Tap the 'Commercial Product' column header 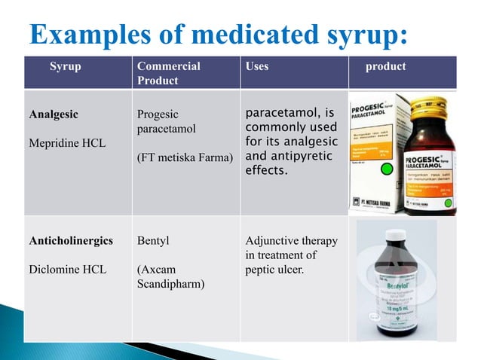pyautogui.click(x=169, y=73)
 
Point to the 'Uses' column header pyautogui.click(x=257, y=66)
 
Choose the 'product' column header pyautogui.click(x=385, y=66)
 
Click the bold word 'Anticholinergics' pyautogui.click(x=71, y=241)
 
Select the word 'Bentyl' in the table pyautogui.click(x=153, y=241)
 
